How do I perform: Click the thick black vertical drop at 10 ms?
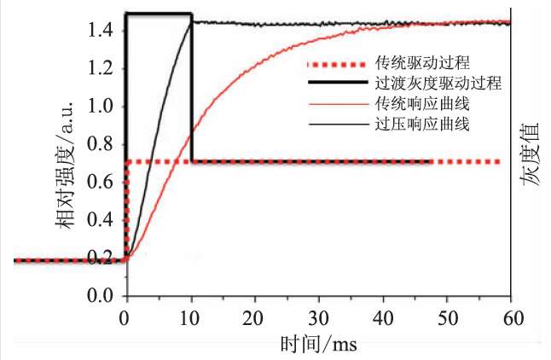[191, 94]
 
